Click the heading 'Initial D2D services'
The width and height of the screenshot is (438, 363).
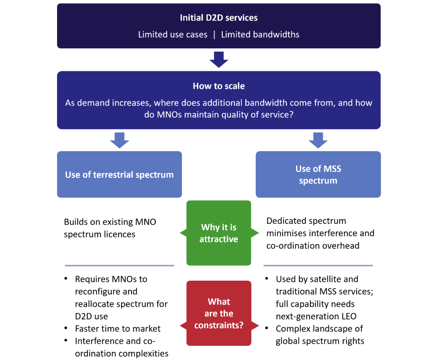tap(219, 18)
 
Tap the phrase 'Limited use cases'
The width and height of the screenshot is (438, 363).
tap(173, 34)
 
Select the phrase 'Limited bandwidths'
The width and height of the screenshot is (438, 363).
tap(260, 34)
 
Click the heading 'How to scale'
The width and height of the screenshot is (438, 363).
tap(219, 86)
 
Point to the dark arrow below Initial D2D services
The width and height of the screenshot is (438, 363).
tap(219, 59)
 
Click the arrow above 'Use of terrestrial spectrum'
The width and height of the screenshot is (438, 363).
tap(119, 140)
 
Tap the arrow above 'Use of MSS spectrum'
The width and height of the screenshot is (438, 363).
tap(318, 140)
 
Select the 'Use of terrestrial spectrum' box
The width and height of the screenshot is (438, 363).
tap(119, 174)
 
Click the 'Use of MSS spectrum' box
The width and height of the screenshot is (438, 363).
tap(318, 174)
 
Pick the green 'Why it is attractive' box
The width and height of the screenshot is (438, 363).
tap(219, 233)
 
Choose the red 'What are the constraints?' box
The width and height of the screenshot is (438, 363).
tap(219, 313)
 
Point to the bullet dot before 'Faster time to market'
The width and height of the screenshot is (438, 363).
tap(66, 328)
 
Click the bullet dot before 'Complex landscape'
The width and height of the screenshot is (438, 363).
tap(267, 328)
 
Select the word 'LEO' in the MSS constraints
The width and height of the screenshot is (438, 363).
tap(349, 316)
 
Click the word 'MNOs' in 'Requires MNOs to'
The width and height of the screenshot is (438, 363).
tap(124, 279)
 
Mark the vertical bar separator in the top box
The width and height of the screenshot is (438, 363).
tap(214, 35)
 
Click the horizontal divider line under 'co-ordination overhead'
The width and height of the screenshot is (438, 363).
tap(318, 265)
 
